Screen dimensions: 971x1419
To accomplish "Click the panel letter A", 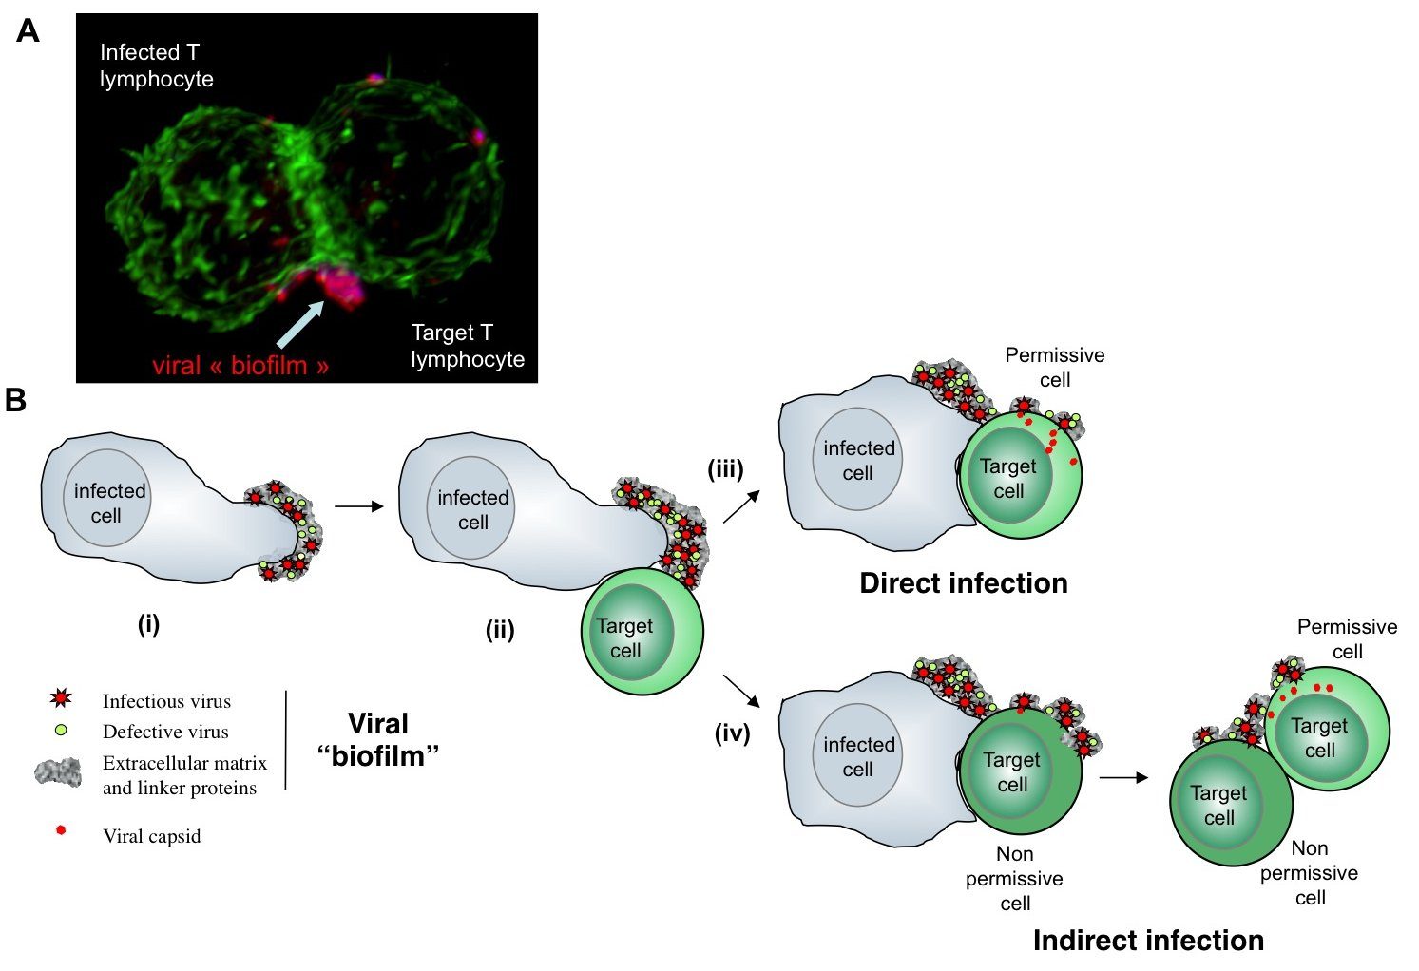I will pyautogui.click(x=28, y=31).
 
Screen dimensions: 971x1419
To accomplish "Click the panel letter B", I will pyautogui.click(x=15, y=400).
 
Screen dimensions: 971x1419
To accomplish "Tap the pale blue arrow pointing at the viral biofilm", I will pyautogui.click(x=303, y=319).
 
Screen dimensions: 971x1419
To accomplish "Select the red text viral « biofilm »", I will pyautogui.click(x=240, y=366).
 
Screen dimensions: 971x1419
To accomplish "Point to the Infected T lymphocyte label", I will pyautogui.click(x=156, y=66).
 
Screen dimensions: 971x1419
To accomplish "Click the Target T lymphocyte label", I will pyautogui.click(x=467, y=346).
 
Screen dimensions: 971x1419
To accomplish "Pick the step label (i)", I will pyautogui.click(x=148, y=624).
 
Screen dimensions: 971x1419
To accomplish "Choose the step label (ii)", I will pyautogui.click(x=500, y=630).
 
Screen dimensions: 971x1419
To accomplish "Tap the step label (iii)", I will pyautogui.click(x=725, y=468).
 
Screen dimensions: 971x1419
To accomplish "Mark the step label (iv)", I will pyautogui.click(x=732, y=733).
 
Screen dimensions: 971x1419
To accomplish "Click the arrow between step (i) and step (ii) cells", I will pyautogui.click(x=358, y=506).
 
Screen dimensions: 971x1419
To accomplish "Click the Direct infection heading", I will pyautogui.click(x=963, y=583).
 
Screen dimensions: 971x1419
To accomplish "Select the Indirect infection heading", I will pyautogui.click(x=1148, y=941).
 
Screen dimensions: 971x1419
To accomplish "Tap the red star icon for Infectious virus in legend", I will pyautogui.click(x=61, y=700).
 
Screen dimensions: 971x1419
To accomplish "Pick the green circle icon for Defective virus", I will pyautogui.click(x=61, y=731).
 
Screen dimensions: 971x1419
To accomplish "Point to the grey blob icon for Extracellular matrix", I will pyautogui.click(x=58, y=772).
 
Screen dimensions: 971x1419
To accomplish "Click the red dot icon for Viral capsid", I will pyautogui.click(x=61, y=830).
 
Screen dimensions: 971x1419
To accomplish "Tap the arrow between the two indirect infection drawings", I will pyautogui.click(x=1122, y=778).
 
